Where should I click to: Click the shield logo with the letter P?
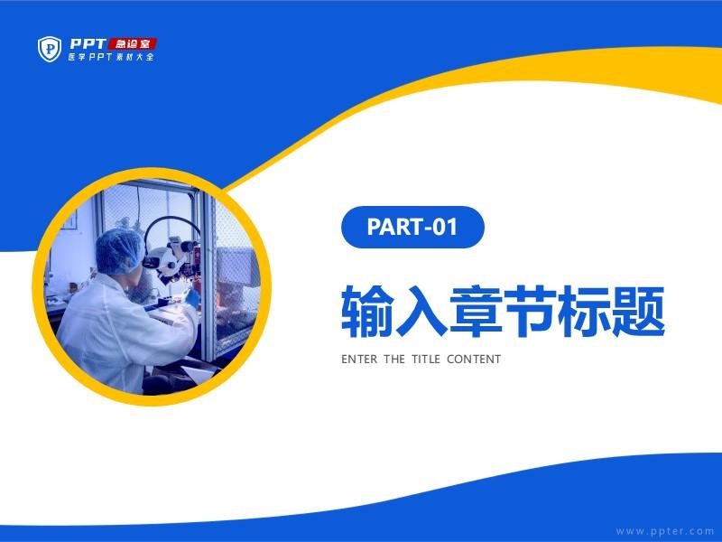pos(50,49)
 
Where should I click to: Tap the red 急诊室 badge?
pos(133,43)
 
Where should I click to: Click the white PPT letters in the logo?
pos(88,43)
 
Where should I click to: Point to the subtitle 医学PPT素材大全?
pos(111,57)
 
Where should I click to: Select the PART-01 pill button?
pos(412,227)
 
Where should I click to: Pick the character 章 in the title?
pos(476,310)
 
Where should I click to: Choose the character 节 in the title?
pos(530,310)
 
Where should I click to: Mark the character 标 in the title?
pos(584,310)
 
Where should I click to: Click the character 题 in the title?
pos(638,310)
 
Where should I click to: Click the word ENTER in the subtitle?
pos(359,359)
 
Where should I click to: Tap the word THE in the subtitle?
pos(394,359)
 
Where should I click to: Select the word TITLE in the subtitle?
pos(426,359)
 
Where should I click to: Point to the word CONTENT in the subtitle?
pos(474,359)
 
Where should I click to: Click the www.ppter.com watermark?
pos(665,531)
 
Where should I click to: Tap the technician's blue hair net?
pos(119,251)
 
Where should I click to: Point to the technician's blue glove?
pos(192,296)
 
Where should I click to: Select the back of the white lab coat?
pos(116,332)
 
